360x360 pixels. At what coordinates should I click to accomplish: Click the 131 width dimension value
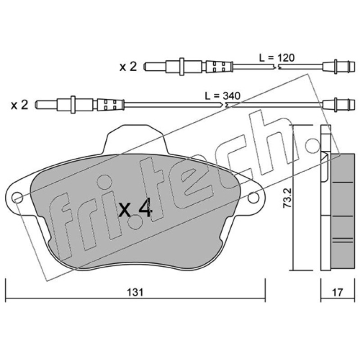(x=135, y=292)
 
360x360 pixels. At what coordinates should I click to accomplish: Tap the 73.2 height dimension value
(x=287, y=198)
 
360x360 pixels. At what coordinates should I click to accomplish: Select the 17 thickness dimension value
(x=337, y=292)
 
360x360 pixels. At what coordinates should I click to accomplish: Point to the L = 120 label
(x=277, y=58)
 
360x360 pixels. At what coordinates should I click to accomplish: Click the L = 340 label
(x=222, y=96)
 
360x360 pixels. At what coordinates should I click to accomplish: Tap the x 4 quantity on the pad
(x=135, y=208)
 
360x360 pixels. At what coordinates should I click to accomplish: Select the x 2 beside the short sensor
(x=128, y=67)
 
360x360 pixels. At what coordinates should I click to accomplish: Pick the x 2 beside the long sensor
(x=19, y=105)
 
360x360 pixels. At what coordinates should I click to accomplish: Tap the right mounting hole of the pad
(x=253, y=198)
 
